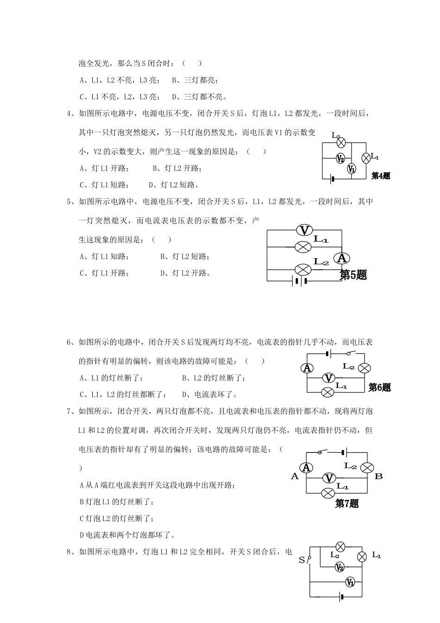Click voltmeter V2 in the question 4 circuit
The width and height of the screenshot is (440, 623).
tap(340, 158)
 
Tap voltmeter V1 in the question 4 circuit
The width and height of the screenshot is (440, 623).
tap(352, 169)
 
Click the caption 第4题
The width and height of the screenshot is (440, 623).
tap(381, 176)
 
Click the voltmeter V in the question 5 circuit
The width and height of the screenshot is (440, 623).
tap(304, 230)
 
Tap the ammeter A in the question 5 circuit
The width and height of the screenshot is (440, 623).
tap(342, 258)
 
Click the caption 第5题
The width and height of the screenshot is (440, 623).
tap(353, 275)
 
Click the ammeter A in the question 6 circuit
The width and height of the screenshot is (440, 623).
tap(307, 368)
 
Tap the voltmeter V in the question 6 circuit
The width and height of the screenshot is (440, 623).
tap(328, 378)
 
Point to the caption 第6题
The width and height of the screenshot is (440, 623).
tap(379, 388)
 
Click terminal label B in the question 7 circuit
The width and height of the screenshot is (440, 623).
tap(378, 476)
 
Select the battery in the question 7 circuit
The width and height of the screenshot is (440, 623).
tap(343, 452)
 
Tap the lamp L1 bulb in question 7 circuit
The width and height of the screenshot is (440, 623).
tap(328, 493)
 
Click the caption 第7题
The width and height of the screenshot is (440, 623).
tap(347, 504)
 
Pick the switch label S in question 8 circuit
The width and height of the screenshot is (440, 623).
tap(302, 560)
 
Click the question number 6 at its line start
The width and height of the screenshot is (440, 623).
tap(69, 343)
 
